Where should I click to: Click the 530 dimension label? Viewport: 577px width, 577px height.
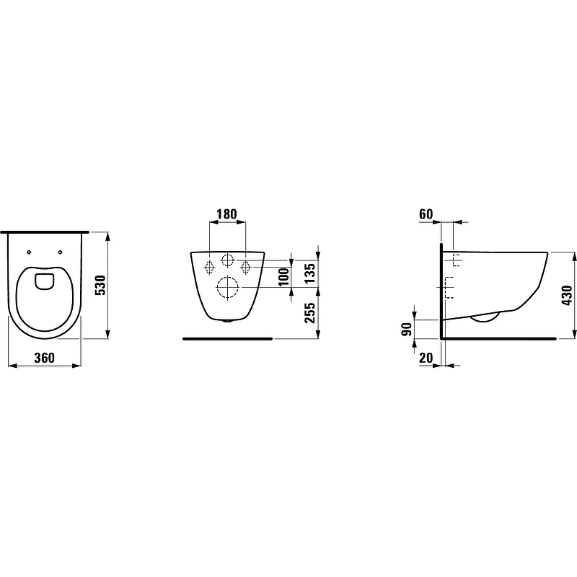100,285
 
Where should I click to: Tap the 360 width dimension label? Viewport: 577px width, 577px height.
44,358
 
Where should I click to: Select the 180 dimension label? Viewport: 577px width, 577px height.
226,213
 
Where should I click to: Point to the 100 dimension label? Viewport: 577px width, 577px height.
283,277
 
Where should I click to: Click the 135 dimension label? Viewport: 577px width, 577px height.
310,273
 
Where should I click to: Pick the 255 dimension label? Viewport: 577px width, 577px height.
310,313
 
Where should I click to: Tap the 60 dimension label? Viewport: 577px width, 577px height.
426,213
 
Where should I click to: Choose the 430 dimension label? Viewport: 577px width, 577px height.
567,295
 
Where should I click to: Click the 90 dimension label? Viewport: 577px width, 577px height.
407,329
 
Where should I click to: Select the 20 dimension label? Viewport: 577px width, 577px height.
426,358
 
